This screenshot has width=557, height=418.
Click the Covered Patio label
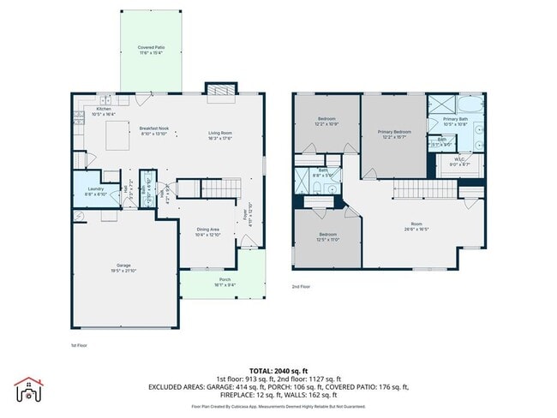pyautogui.click(x=151, y=49)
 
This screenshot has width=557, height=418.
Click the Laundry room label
pyautogui.click(x=96, y=192)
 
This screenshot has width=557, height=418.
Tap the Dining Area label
pyautogui.click(x=209, y=231)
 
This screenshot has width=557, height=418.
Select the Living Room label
pyautogui.click(x=221, y=134)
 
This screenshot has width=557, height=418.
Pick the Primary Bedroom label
pyautogui.click(x=394, y=134)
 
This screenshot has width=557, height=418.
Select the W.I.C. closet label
pyautogui.click(x=459, y=160)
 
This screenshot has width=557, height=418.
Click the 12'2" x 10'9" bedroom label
pyautogui.click(x=326, y=121)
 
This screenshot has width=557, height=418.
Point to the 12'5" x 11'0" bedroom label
pyautogui.click(x=327, y=236)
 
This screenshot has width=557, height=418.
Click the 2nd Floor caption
pyautogui.click(x=301, y=286)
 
